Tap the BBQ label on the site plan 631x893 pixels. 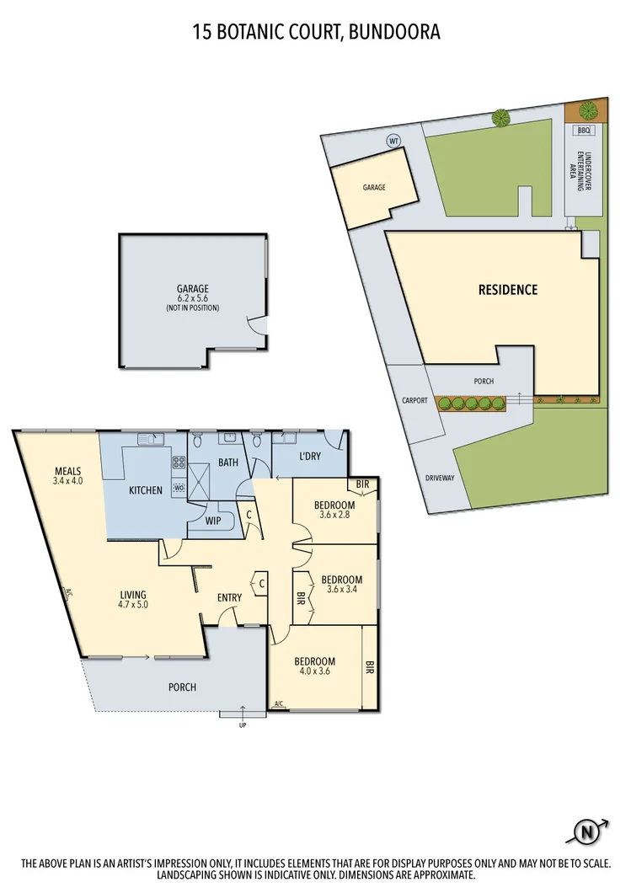(x=586, y=131)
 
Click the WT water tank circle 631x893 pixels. (x=393, y=141)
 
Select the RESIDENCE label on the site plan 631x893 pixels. (x=507, y=290)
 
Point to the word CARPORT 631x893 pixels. (x=415, y=400)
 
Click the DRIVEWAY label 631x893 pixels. (x=440, y=478)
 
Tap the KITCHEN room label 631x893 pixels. (x=145, y=489)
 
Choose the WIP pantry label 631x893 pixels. (x=213, y=521)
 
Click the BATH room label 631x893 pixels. (x=227, y=463)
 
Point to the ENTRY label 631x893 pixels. (x=229, y=597)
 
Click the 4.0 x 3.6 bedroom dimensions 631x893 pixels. (x=314, y=672)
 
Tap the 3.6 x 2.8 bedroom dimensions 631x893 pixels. (x=334, y=516)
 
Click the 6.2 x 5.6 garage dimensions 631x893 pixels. (x=192, y=298)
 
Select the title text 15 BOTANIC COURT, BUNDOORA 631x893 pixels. (x=316, y=32)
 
